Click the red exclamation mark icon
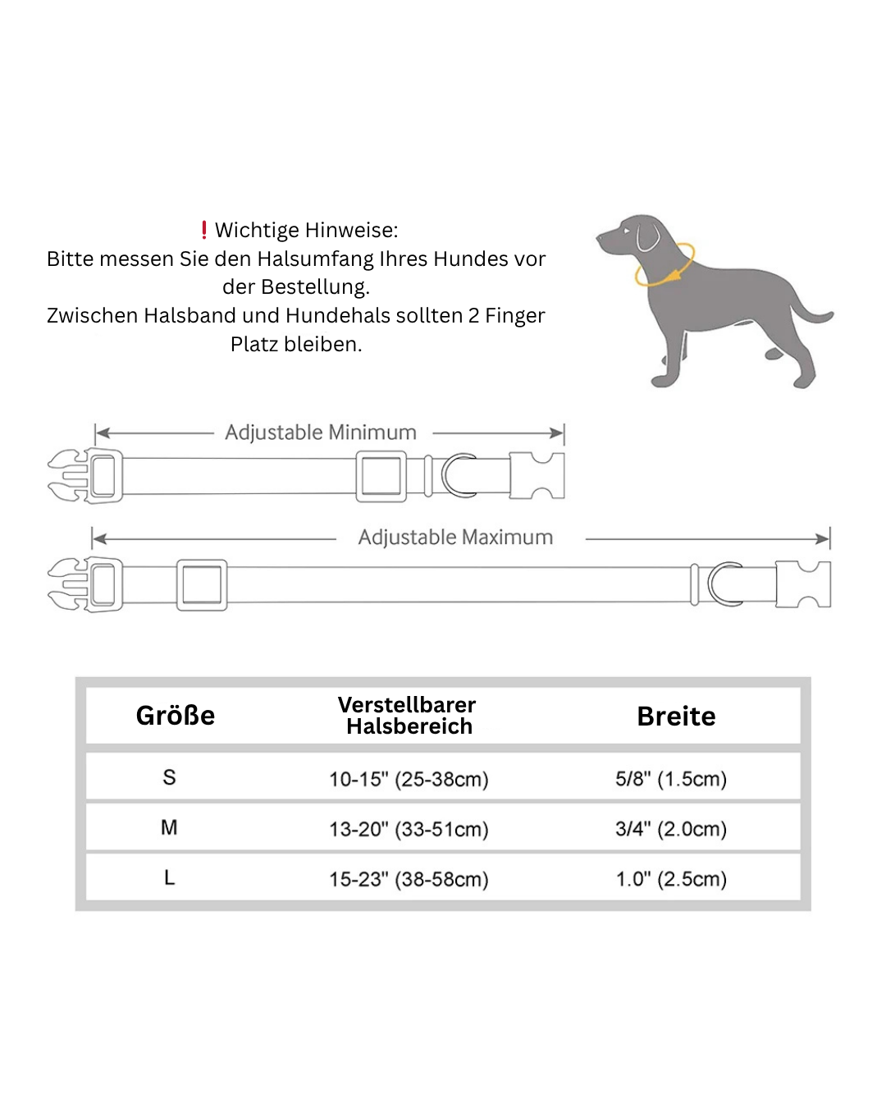(x=204, y=230)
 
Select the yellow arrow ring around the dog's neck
(x=664, y=265)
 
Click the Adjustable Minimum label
(x=321, y=433)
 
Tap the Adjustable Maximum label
(x=455, y=538)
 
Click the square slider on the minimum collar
(x=381, y=476)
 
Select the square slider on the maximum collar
(x=202, y=585)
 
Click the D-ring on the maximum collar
(x=723, y=584)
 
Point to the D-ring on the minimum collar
(x=458, y=475)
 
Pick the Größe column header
(x=176, y=716)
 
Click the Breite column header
(x=676, y=717)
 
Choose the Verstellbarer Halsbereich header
(x=408, y=716)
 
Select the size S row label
(x=169, y=777)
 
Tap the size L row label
(x=169, y=878)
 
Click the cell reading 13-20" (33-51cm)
(x=409, y=829)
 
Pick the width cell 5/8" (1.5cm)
(x=671, y=779)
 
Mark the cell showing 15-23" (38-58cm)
(x=409, y=879)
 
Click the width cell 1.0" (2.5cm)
(x=671, y=879)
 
